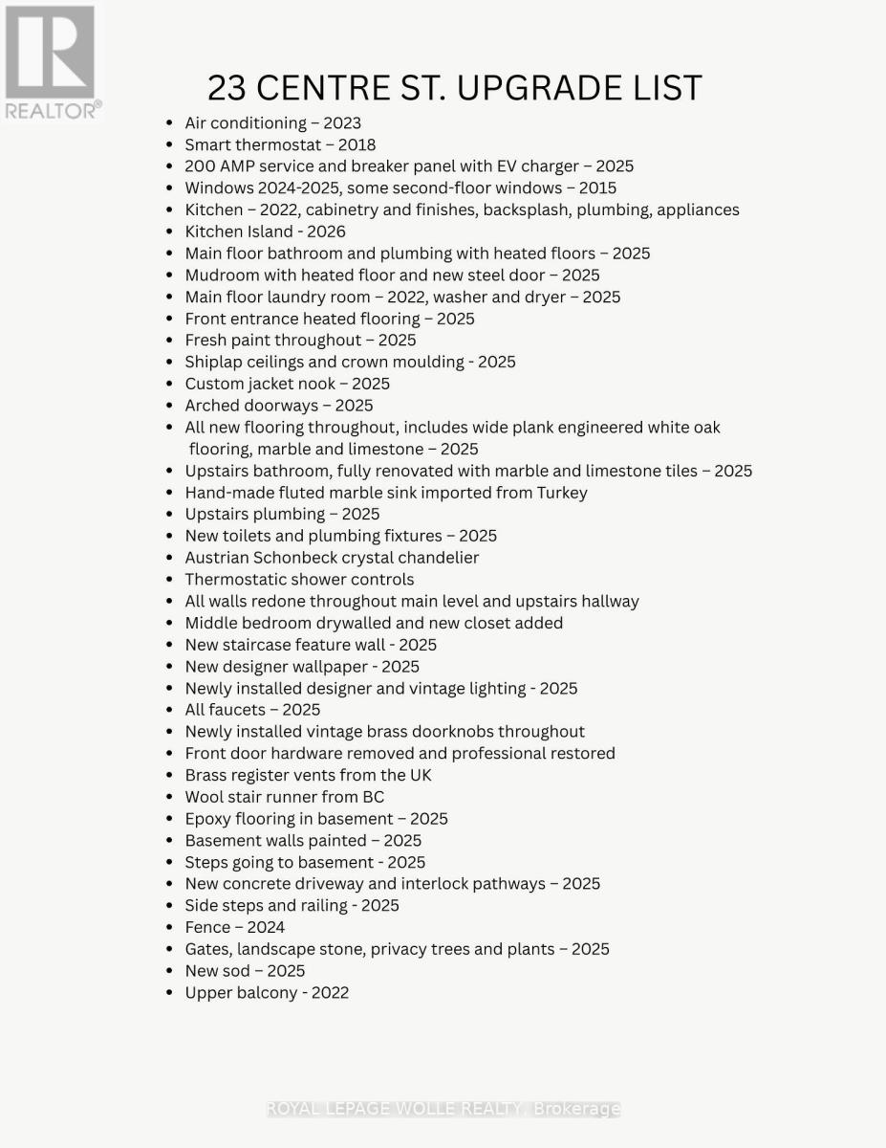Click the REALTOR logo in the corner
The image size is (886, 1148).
[51, 62]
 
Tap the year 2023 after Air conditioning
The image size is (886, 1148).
[342, 122]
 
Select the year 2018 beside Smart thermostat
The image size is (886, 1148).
[357, 144]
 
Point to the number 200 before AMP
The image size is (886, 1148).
[201, 166]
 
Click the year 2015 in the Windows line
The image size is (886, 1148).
[597, 188]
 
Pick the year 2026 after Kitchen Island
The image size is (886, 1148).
[327, 232]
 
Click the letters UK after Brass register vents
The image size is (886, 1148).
[420, 775]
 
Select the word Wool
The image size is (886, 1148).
[204, 797]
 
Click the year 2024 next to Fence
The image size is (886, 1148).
[266, 927]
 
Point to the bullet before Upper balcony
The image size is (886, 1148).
[169, 993]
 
